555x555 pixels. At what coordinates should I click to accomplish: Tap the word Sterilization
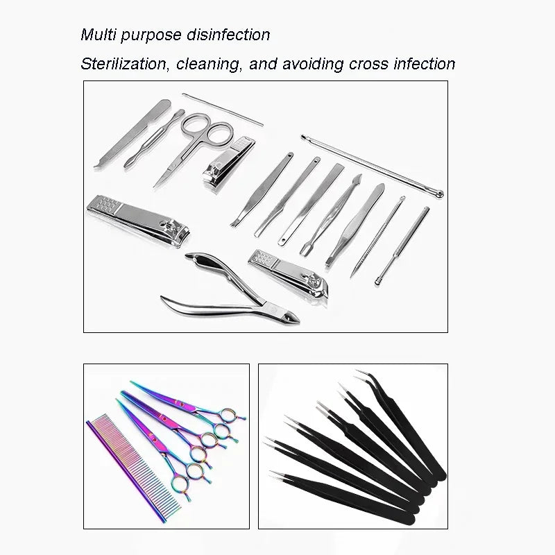123,65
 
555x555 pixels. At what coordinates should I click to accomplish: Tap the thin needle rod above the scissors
223,110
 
